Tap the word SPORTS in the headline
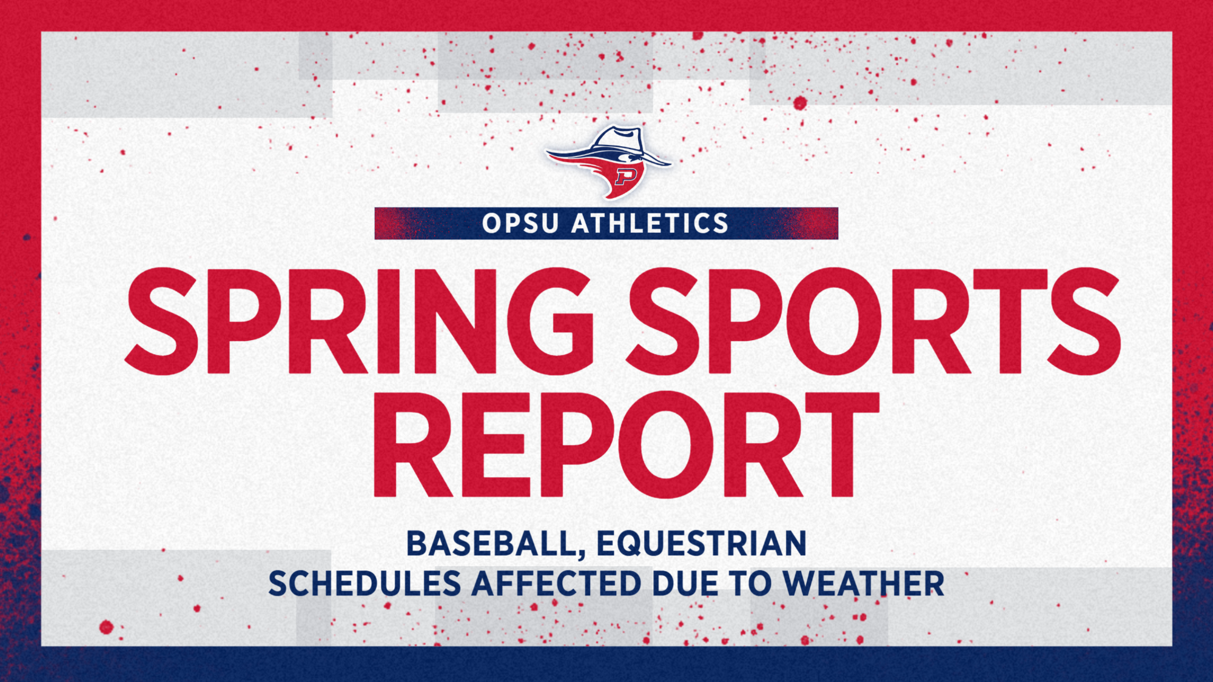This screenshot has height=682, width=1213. point(873,321)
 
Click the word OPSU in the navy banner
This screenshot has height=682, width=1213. point(520,224)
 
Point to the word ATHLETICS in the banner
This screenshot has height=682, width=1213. point(650,224)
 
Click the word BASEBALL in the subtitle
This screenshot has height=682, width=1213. point(490,543)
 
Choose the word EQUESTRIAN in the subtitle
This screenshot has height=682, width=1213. point(702,543)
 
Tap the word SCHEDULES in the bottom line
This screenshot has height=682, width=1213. point(365,584)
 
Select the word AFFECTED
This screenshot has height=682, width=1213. point(556,584)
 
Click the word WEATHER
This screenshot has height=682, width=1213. point(864,584)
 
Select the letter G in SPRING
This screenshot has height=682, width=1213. point(549,321)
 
